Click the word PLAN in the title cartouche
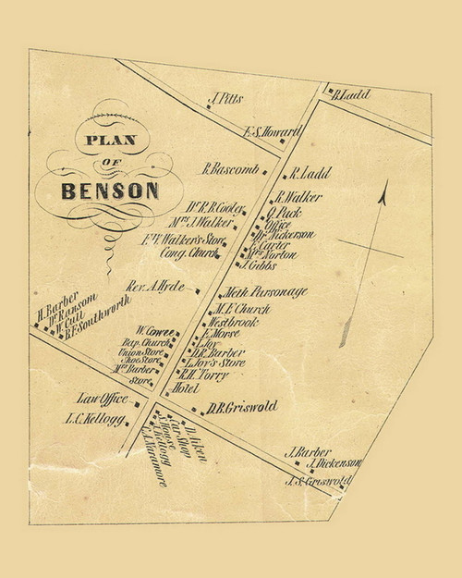[109, 141]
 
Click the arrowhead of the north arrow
[382, 193]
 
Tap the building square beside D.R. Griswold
[196, 406]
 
